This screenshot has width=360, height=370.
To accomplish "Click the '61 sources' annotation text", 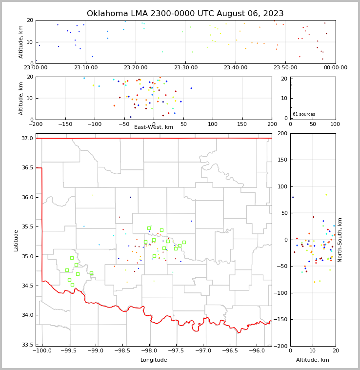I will click(303, 114).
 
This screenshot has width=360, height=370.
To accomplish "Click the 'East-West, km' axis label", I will click(154, 127).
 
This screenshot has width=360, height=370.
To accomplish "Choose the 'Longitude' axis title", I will click(154, 360).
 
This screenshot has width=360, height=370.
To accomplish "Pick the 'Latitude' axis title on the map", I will click(16, 240).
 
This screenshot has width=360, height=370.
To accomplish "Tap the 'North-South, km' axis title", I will click(340, 240).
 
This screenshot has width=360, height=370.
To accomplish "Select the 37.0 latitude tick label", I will click(27, 139).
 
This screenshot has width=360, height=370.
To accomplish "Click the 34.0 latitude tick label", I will click(27, 315).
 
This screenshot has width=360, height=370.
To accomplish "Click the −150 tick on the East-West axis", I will click(65, 124).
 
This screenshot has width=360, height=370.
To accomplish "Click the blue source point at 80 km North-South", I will click(293, 197).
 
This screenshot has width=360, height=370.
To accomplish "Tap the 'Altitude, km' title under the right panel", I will click(313, 360).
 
